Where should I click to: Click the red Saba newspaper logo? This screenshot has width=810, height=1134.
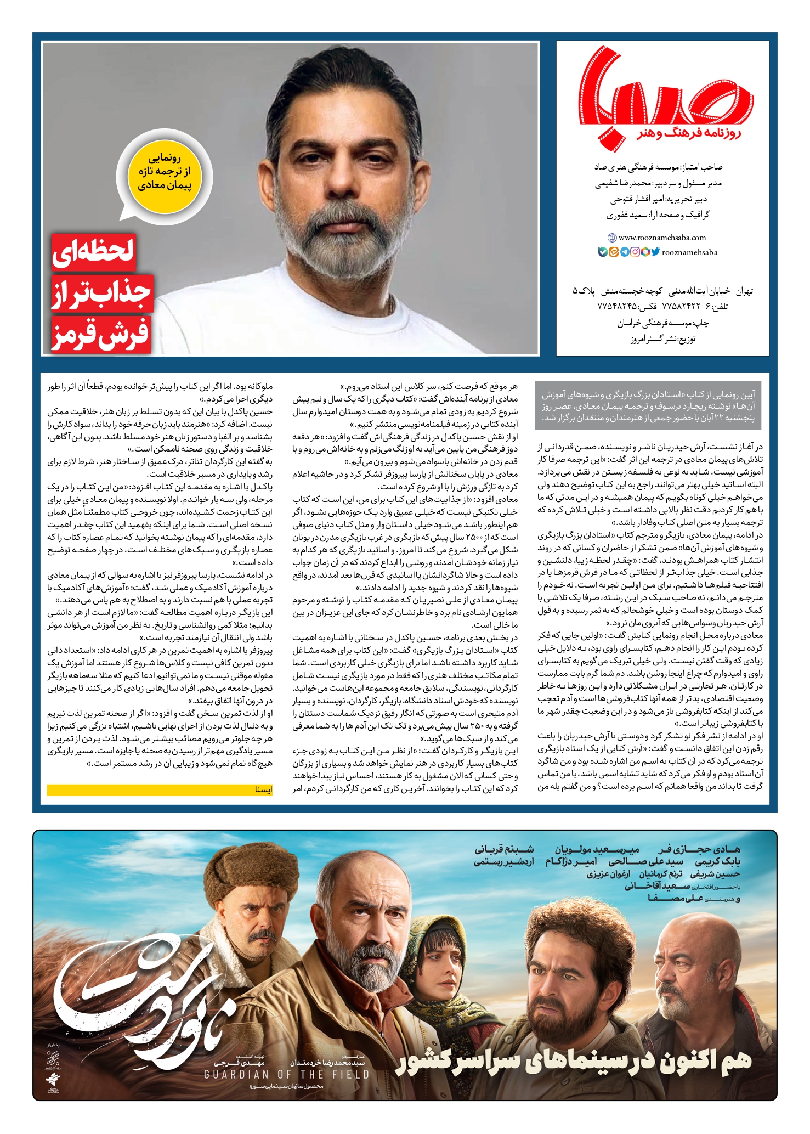point(666,93)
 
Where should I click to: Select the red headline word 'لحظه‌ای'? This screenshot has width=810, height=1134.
point(94,251)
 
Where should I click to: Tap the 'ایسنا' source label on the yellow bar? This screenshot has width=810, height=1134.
point(263,790)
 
